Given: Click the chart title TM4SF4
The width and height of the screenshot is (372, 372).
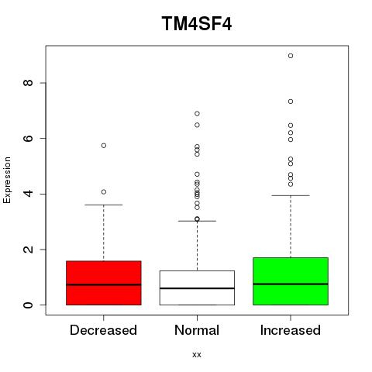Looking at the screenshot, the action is (x=197, y=23).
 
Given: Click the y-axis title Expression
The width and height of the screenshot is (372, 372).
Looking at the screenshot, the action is (x=7, y=180).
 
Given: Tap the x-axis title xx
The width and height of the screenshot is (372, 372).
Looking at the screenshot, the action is (x=197, y=354).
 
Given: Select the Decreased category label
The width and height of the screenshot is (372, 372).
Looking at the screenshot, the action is (x=103, y=330).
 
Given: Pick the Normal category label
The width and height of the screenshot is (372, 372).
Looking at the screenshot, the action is (x=197, y=330).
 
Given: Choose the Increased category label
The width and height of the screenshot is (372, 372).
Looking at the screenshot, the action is (x=291, y=330).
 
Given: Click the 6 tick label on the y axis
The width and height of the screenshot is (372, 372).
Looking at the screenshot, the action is (x=28, y=138).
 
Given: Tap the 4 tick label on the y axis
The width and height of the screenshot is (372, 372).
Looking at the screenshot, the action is (x=28, y=194).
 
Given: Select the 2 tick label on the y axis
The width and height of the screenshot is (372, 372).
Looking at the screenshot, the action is (x=28, y=250).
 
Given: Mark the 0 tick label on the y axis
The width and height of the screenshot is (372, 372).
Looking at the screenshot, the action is (x=28, y=305).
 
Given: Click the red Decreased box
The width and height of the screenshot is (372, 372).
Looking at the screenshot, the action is (x=104, y=283).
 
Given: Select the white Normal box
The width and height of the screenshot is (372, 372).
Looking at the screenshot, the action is (x=197, y=288).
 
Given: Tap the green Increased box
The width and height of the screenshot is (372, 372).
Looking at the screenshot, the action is (x=291, y=281).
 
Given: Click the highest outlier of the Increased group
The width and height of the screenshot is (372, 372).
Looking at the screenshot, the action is (x=291, y=56).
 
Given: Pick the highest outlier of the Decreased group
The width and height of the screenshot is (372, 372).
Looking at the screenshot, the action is (x=104, y=146).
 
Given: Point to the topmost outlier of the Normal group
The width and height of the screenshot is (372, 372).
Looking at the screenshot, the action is (x=197, y=114).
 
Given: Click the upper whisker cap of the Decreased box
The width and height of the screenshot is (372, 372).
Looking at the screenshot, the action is (x=104, y=205).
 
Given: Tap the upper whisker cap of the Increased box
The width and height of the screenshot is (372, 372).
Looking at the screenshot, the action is (x=291, y=195).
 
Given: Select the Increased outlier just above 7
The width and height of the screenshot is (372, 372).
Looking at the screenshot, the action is (x=291, y=102).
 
